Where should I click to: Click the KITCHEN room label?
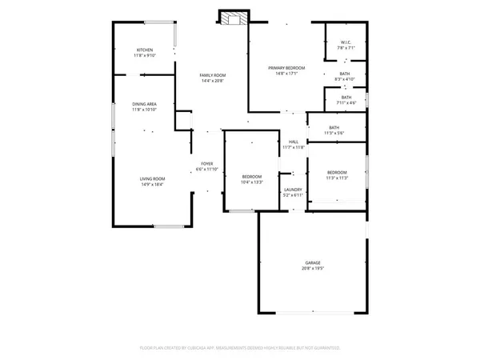(144, 50)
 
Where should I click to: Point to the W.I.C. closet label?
(346, 42)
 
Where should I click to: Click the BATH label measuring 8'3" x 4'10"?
(346, 74)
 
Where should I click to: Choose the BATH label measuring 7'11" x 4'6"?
(346, 97)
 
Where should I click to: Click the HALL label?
(294, 142)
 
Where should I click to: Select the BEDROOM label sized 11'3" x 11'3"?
(337, 173)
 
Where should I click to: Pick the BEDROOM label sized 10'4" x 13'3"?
(252, 177)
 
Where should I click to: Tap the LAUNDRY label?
(293, 190)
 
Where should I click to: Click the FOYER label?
(206, 164)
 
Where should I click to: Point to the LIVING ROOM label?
(152, 178)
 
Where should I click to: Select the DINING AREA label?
(144, 104)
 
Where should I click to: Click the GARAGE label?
(312, 262)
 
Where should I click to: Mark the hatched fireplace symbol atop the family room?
(234, 19)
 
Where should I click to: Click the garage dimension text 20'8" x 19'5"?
(312, 268)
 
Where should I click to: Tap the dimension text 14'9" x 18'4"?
(152, 184)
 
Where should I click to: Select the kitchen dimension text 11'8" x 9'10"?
(144, 55)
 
